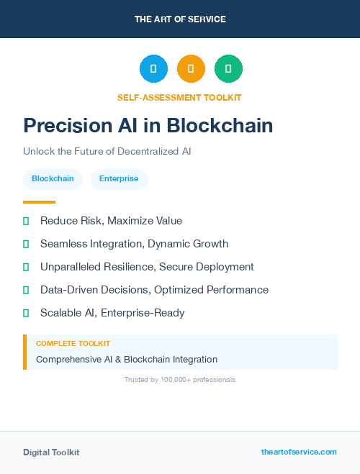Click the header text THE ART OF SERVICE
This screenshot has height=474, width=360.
coord(180,19)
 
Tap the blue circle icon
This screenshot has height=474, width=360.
coord(153,69)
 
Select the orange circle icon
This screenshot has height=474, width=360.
coord(191,69)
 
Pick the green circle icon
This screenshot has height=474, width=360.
coord(228,69)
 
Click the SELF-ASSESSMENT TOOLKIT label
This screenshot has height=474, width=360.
coord(179,97)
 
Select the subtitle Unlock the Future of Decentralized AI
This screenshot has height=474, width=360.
coord(107,152)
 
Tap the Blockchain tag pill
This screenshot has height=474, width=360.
coord(53,179)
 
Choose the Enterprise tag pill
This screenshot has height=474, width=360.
coord(119,179)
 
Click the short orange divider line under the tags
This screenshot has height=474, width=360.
coord(39,202)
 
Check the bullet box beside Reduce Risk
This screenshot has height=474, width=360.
coord(26,221)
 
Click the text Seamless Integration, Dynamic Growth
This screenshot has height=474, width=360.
coord(134,244)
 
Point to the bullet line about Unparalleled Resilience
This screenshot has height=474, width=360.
coord(147,267)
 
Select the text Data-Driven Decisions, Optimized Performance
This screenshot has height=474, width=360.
coord(154,290)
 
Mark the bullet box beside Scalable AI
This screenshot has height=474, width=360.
coord(26,313)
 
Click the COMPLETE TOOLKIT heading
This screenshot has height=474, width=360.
coord(73,344)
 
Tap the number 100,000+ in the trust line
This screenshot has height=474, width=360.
coord(170,379)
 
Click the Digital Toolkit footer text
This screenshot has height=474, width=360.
coord(51,452)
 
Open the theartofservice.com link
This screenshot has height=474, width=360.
coord(299,452)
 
